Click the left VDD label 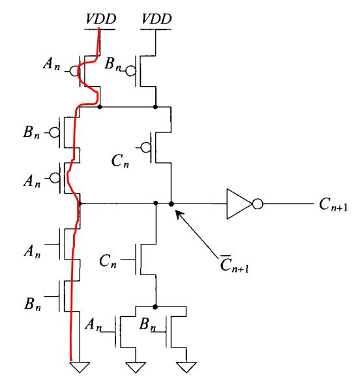click(100, 19)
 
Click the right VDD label click(157, 19)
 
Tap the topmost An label click(52, 64)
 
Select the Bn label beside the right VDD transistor click(113, 64)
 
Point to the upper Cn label click(120, 161)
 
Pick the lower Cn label click(108, 261)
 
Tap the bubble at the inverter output click(258, 204)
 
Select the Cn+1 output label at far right click(333, 204)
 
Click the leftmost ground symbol click(80, 367)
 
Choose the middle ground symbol click(136, 367)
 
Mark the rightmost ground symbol click(187, 367)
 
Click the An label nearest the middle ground click(93, 325)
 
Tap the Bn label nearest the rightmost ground click(148, 325)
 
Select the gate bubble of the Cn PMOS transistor click(146, 147)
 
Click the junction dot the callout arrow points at click(171, 204)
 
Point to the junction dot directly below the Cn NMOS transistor click(155, 306)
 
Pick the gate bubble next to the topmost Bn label click(130, 71)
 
